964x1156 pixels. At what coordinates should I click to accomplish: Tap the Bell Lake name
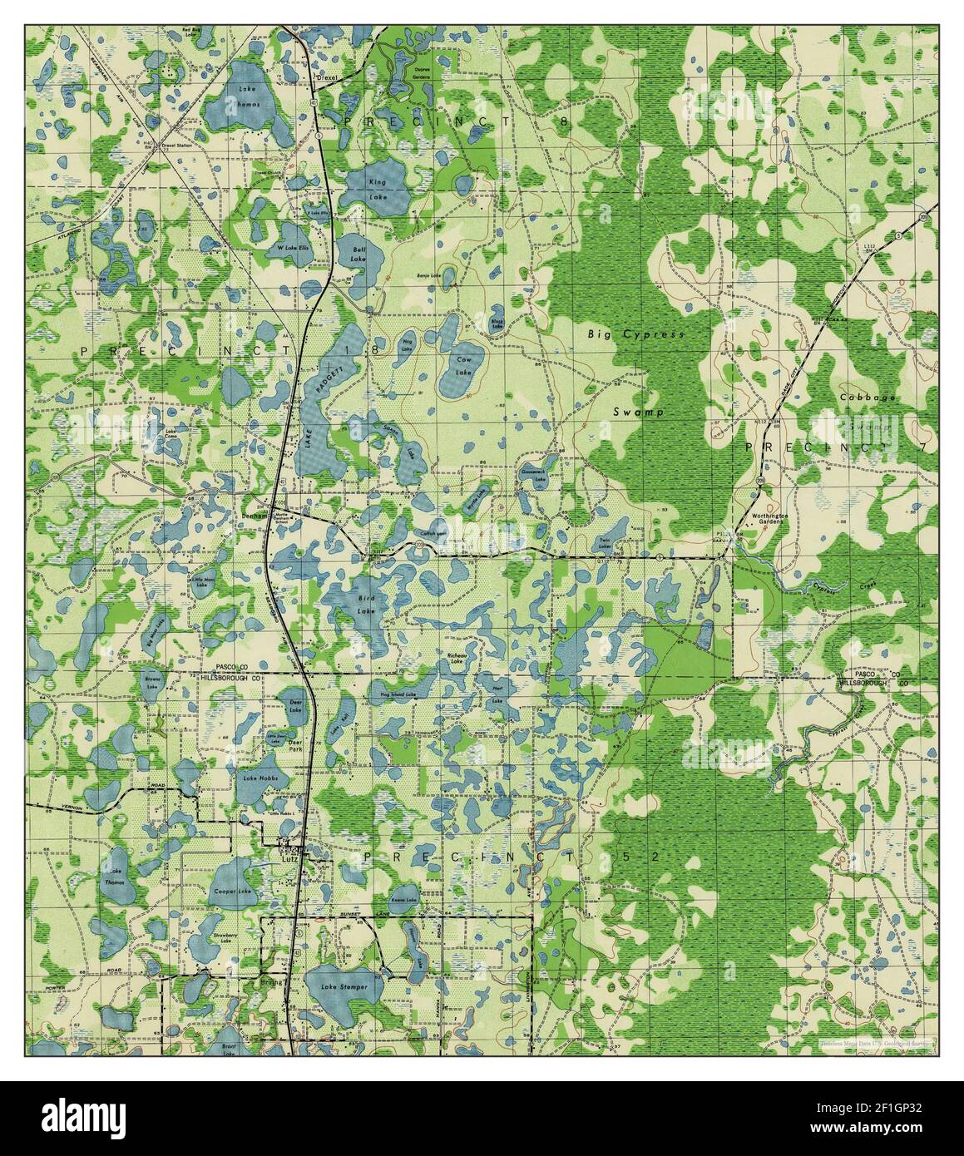pos(358,254)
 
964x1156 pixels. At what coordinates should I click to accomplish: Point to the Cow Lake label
pos(465,363)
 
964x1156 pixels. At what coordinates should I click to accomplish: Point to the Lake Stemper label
pos(350,987)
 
